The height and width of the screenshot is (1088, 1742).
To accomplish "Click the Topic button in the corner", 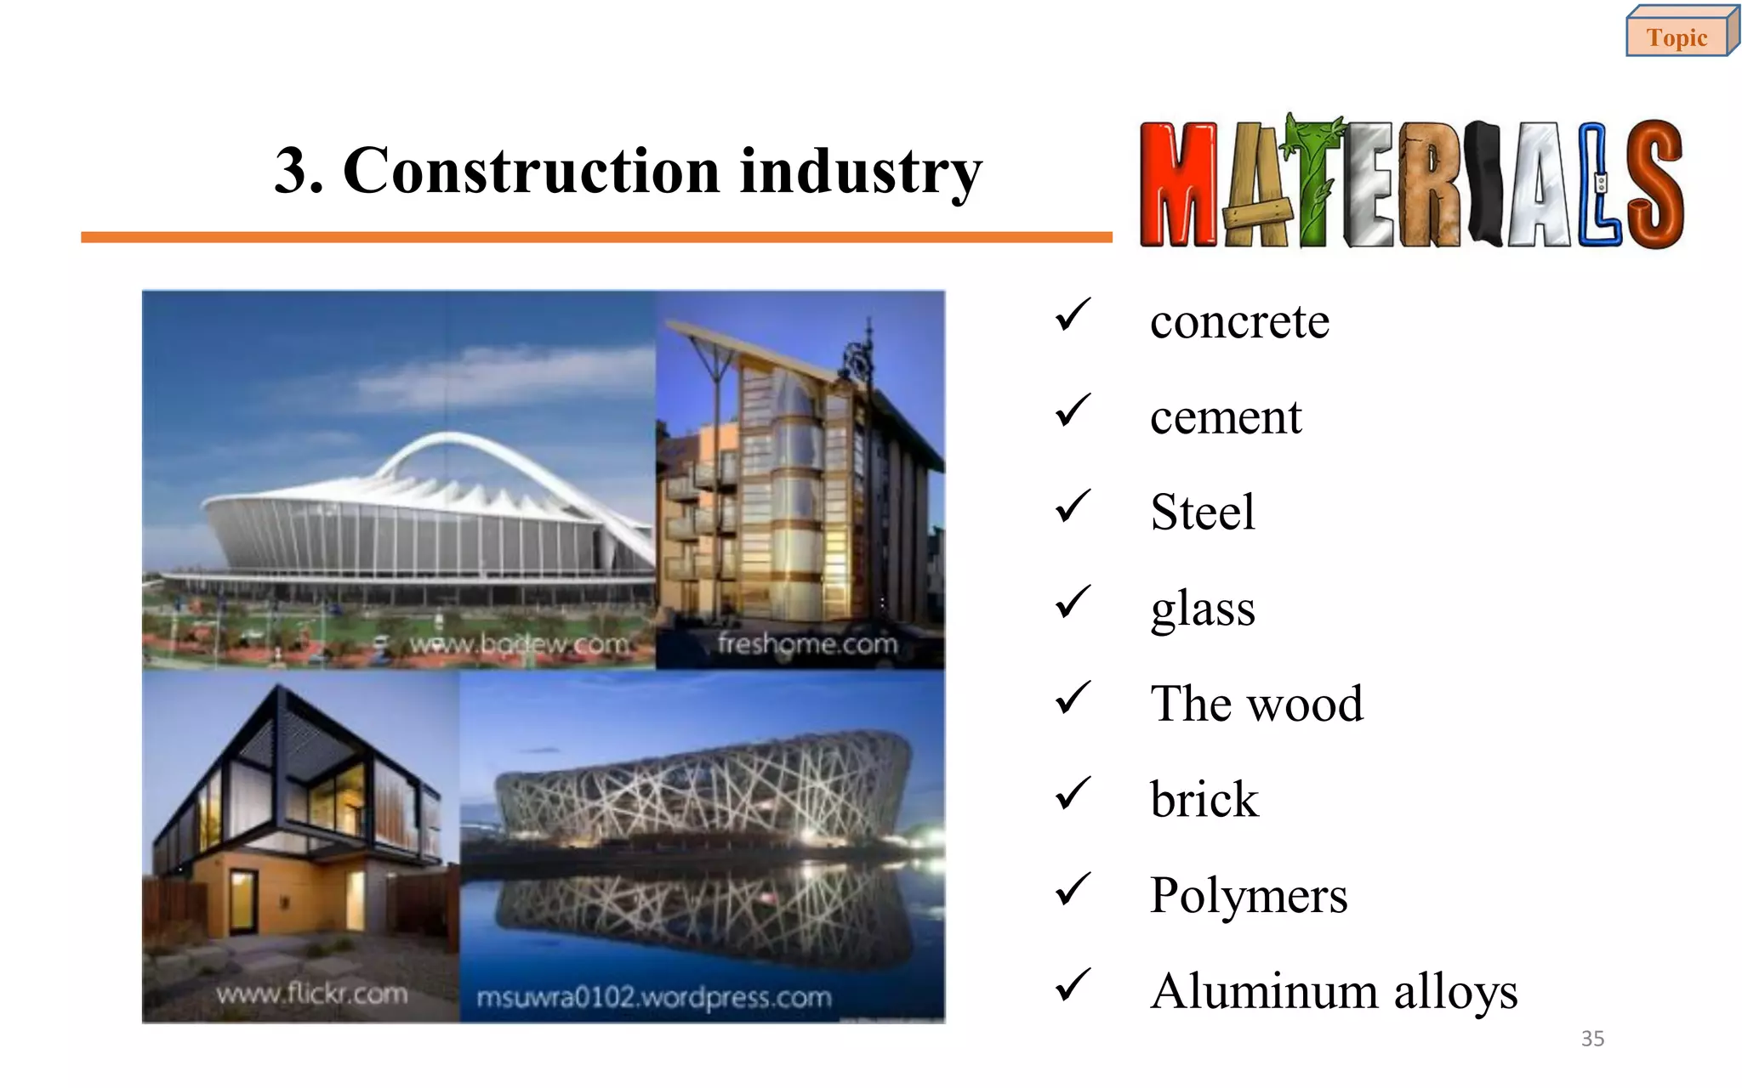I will (x=1677, y=37).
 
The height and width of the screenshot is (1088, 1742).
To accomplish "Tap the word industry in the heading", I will (x=861, y=171).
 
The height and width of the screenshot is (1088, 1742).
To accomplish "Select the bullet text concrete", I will (x=1238, y=322).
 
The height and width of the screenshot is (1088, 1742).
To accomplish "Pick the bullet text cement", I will (x=1225, y=417).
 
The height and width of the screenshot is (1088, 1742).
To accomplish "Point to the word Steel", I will (x=1202, y=513).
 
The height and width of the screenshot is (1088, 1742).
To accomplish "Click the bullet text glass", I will (x=1202, y=609).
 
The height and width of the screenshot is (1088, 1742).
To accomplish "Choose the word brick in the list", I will (x=1204, y=800).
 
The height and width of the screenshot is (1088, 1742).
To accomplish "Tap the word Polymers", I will (x=1248, y=895).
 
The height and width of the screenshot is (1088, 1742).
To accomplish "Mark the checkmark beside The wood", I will (x=1073, y=698).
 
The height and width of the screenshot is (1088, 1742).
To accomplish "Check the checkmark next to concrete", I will (x=1073, y=315).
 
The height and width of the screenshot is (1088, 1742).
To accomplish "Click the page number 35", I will (x=1592, y=1039).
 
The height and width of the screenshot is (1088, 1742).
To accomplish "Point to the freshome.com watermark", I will (x=806, y=643).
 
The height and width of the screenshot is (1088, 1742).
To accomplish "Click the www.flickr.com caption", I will (x=311, y=994).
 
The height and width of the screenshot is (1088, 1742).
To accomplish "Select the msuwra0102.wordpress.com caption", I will (x=653, y=997).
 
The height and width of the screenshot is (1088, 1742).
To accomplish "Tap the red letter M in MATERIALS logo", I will (x=1178, y=184).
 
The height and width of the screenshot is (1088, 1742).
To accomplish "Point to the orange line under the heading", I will (x=595, y=237).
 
